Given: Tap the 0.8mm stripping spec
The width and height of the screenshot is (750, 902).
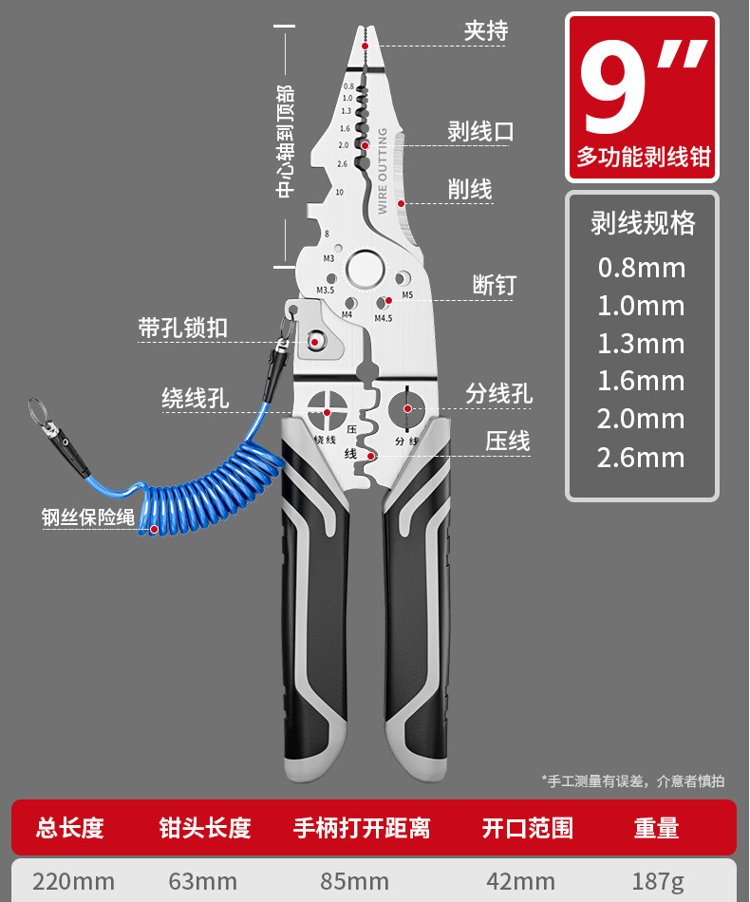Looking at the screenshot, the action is pos(641,268).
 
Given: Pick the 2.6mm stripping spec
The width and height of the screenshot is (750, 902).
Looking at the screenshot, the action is pos(641,458).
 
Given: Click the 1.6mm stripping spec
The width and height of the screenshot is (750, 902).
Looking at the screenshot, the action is pos(641,382).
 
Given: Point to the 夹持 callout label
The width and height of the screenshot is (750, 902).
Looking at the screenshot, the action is pos(486,30).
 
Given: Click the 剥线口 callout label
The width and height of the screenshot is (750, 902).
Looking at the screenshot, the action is pos(480,132).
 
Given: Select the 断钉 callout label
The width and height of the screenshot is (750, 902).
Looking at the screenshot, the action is pos(494,285).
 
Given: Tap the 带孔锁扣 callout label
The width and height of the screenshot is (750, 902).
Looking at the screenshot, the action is pos(183,329).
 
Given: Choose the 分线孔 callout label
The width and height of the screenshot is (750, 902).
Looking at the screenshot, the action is pos(499,393).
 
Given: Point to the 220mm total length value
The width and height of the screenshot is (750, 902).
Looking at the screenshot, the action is pos(73,881).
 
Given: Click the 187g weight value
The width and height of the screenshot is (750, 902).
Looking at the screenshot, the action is pos(657,881).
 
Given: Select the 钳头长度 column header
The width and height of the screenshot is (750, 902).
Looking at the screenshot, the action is pos(205,828).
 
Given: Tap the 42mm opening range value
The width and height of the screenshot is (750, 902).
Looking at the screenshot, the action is pos(520,881).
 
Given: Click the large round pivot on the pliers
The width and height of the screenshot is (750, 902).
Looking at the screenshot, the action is pos(363,270).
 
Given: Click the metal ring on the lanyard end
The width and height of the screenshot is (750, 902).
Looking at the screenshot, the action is pos(36,412).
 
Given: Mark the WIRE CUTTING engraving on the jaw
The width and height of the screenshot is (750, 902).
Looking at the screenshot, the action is pos(383,172).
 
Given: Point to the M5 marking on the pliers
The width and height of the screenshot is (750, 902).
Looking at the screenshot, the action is pos(407,294).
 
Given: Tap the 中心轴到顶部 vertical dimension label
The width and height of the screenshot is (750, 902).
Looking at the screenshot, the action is pos(285,142).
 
